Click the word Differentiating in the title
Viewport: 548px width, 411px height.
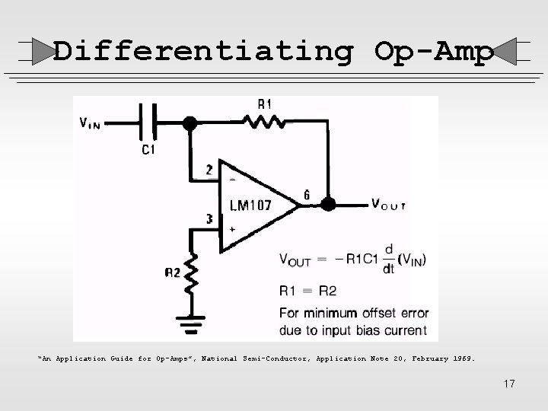tap(203, 51)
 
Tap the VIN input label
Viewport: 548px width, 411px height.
tap(93, 123)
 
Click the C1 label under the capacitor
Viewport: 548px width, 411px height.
tap(149, 150)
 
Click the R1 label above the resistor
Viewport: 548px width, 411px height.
tap(265, 103)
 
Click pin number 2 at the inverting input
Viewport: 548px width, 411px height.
tap(209, 170)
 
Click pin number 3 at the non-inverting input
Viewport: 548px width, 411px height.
tap(209, 219)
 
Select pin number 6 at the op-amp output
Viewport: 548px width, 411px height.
tap(306, 195)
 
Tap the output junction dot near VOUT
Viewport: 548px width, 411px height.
tap(328, 204)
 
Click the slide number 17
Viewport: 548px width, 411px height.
tap(508, 384)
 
